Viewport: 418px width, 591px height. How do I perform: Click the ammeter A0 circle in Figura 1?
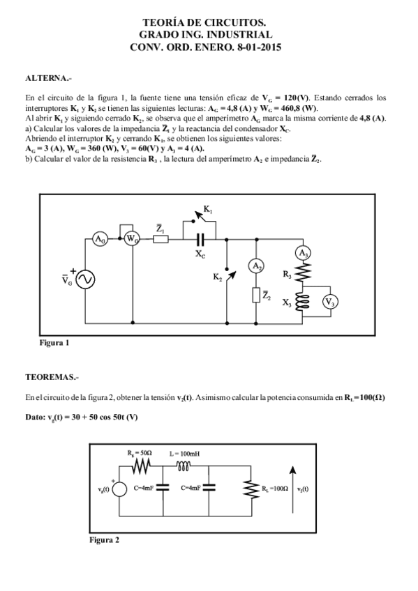tap(100, 239)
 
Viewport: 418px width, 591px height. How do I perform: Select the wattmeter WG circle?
tap(132, 239)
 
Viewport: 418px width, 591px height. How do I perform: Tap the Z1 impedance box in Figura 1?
tap(160, 239)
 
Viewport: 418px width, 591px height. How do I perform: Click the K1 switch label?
tap(208, 209)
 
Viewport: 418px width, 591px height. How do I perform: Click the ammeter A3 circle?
tap(304, 253)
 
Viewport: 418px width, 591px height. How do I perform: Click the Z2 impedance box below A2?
tap(257, 295)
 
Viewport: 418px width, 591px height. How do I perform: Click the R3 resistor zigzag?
tap(304, 274)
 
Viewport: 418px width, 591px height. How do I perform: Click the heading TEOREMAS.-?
tap(52, 377)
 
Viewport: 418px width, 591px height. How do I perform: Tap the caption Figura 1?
tap(54, 343)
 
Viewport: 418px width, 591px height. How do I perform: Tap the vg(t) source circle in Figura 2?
tap(119, 490)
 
